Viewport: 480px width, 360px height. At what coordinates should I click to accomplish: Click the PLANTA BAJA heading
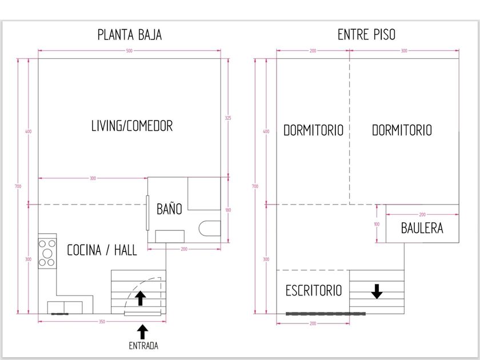(130, 35)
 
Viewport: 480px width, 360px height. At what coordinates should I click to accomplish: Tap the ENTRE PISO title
(366, 34)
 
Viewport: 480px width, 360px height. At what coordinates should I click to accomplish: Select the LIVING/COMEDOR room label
(132, 126)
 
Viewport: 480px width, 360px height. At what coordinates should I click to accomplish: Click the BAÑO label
(169, 209)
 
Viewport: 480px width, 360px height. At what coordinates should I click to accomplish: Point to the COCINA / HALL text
(102, 250)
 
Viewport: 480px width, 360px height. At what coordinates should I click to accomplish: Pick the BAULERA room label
(422, 228)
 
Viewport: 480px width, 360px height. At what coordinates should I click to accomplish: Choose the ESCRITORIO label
(314, 290)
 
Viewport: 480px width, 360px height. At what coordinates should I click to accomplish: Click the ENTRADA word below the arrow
(143, 346)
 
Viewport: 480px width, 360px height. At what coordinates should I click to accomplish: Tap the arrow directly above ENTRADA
(142, 332)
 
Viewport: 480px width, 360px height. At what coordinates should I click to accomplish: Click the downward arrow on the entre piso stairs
(377, 291)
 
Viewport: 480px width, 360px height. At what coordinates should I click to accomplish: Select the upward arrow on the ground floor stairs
(140, 298)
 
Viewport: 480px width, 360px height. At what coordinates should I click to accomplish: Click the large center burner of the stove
(47, 254)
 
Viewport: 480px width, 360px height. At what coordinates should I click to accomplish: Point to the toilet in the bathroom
(210, 229)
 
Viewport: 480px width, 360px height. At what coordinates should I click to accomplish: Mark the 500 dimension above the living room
(129, 51)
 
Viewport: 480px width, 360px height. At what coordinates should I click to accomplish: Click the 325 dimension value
(228, 118)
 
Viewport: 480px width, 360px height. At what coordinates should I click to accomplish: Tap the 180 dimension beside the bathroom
(228, 210)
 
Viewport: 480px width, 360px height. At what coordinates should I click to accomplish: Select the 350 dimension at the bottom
(102, 322)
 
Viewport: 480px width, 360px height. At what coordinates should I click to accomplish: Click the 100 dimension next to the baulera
(377, 224)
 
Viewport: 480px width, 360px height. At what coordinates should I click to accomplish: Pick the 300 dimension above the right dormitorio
(404, 51)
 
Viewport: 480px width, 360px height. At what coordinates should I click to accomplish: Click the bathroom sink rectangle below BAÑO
(170, 237)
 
